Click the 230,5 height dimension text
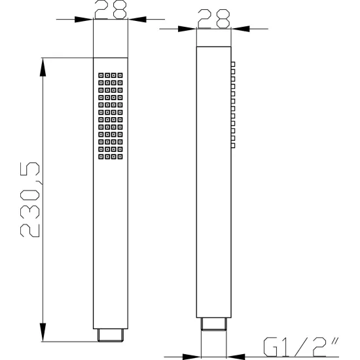point(30,200)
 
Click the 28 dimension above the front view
point(111,9)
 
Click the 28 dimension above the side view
point(214,19)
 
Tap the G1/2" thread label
point(301,347)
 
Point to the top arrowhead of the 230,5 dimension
point(43,67)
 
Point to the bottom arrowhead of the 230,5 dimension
point(43,333)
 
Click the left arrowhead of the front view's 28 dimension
point(84,19)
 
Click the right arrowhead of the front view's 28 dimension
point(137,19)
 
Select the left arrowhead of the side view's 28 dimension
point(187,29)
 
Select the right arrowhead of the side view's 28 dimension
point(240,29)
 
